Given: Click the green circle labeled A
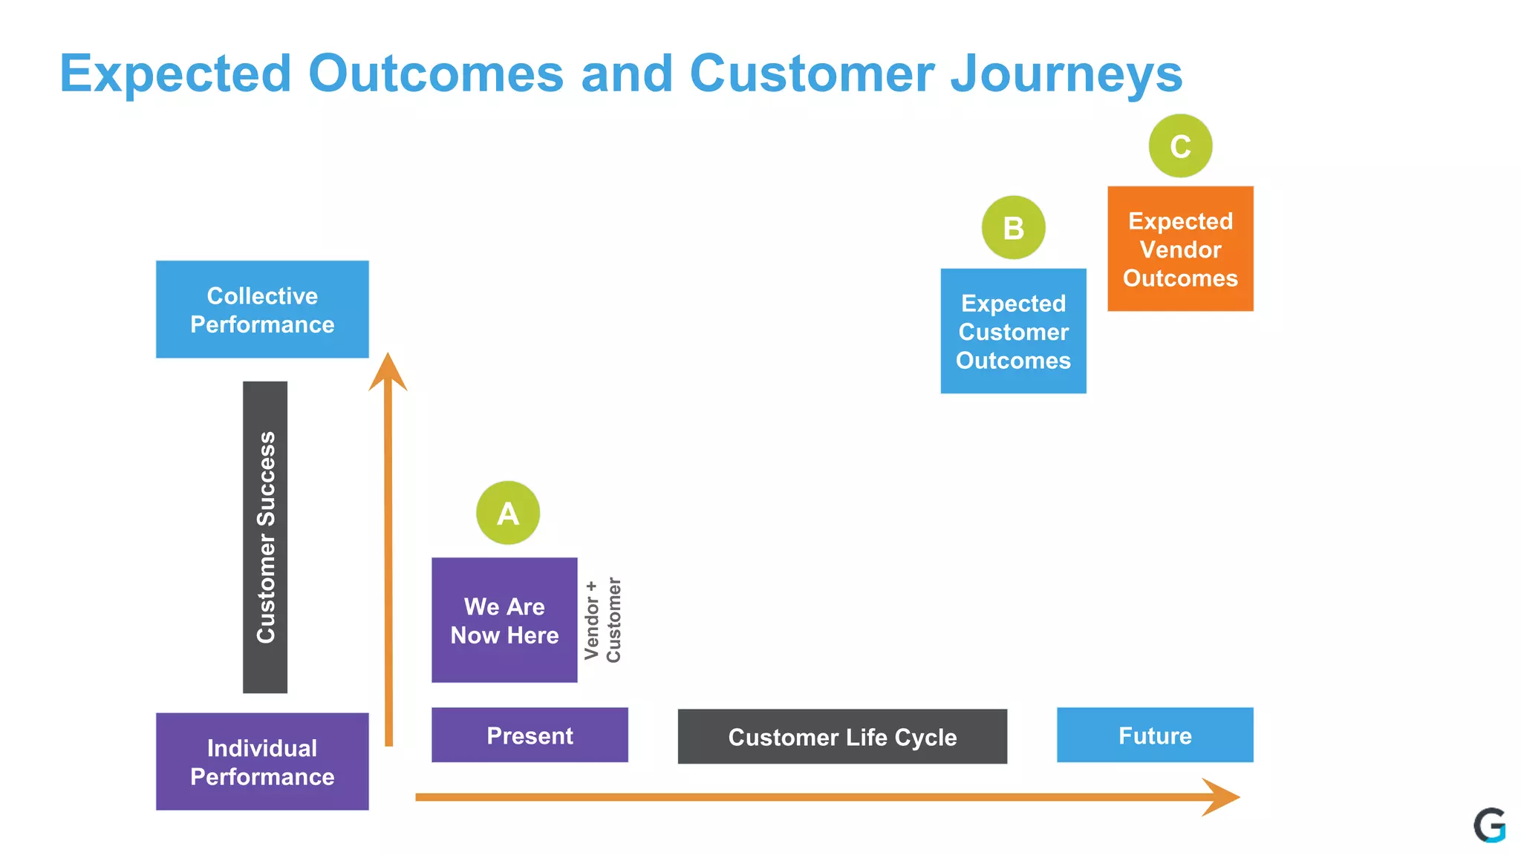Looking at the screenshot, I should coord(508,513).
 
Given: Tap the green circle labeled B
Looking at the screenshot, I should coord(1013,227).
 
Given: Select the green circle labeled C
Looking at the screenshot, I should coord(1180,145).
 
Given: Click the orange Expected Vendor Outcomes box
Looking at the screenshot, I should coord(1180,249).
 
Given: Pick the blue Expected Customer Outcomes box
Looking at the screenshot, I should coord(1013,331).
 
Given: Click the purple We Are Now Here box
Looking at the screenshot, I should coord(504,620).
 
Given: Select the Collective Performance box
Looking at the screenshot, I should coord(262,309).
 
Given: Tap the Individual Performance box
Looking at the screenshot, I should coord(262,761).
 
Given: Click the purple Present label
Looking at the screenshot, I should coord(530,735).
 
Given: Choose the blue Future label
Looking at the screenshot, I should coord(1155,735).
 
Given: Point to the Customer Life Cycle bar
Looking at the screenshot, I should coord(842,736).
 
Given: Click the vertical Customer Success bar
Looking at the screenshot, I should coord(265,537).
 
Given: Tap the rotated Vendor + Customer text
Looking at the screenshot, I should coord(602,620).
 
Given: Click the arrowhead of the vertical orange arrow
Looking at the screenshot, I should coord(388,373).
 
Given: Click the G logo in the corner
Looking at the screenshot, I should coord(1489,825).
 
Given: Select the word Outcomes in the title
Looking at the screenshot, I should coord(436,73).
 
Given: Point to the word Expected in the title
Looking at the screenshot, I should coord(175,73).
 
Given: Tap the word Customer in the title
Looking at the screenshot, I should coord(812,73).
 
